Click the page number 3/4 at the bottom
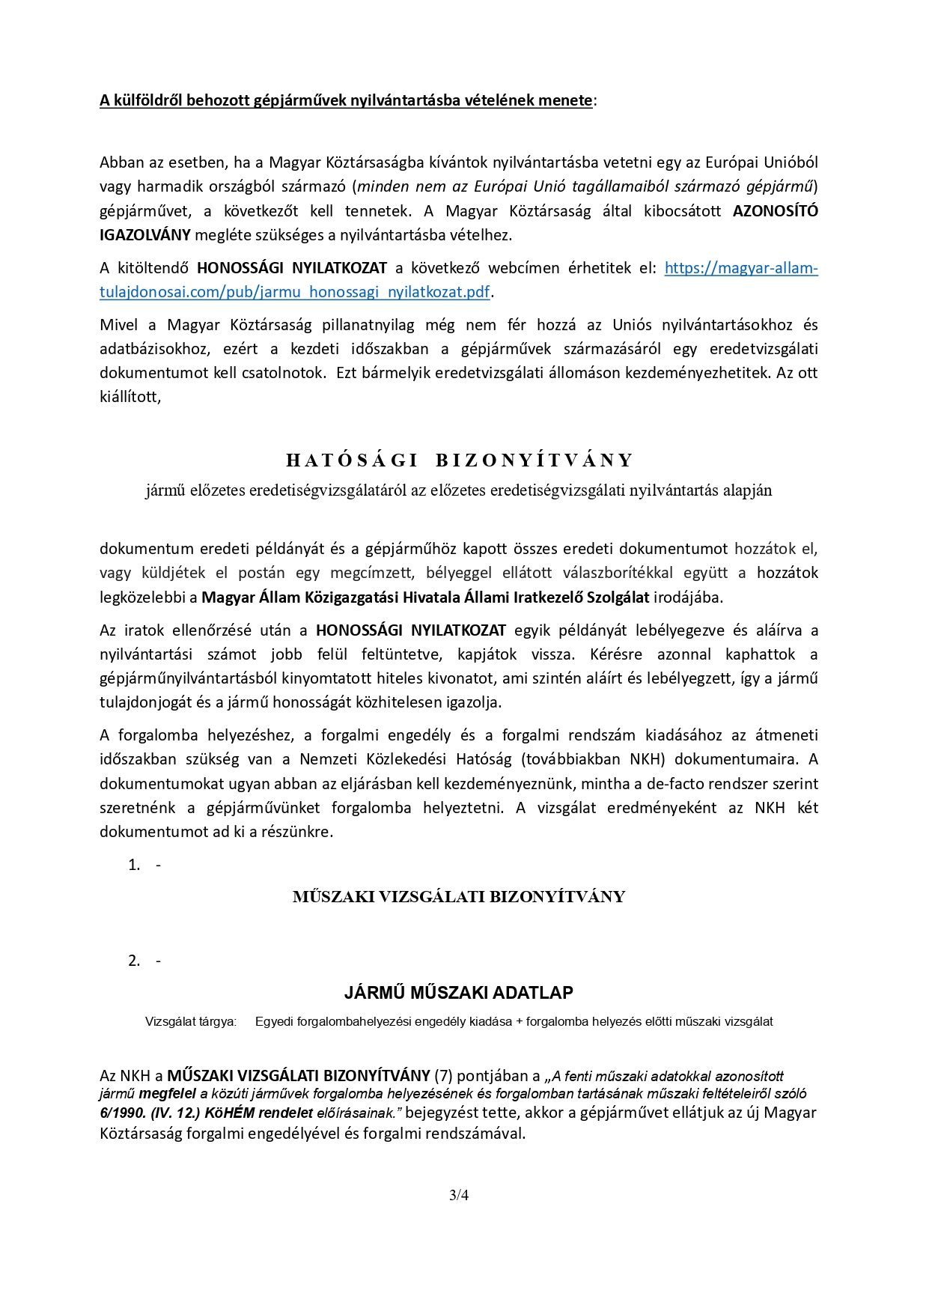point(459,1195)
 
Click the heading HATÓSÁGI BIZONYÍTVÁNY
point(460,460)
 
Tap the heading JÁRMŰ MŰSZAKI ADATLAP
point(459,993)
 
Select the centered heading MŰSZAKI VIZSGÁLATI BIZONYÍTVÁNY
point(459,897)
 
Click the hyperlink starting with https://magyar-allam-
point(740,268)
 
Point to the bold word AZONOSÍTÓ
point(775,210)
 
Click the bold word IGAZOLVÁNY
point(144,235)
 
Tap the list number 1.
point(134,865)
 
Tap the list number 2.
point(134,961)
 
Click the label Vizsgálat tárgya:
point(191,1021)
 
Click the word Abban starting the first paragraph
point(121,162)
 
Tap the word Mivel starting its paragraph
point(119,325)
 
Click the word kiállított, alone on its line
point(130,397)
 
